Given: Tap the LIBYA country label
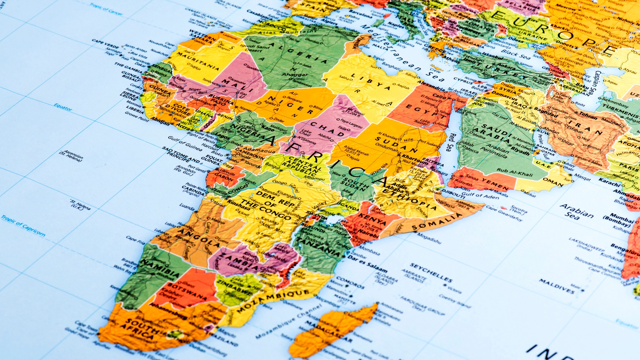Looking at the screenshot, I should [x=370, y=82].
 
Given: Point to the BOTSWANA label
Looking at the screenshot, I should [x=187, y=291].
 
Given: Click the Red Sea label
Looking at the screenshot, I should [x=451, y=142].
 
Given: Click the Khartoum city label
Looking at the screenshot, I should [x=415, y=158].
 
